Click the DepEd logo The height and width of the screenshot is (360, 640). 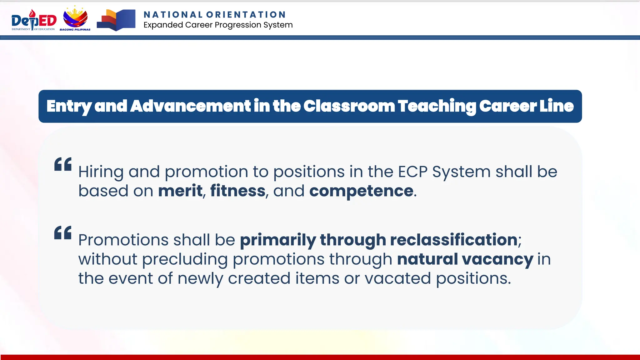(x=34, y=20)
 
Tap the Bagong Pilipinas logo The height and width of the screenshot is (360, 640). (x=75, y=19)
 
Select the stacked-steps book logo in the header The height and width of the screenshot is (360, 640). (x=116, y=20)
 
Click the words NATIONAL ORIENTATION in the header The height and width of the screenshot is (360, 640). (x=215, y=15)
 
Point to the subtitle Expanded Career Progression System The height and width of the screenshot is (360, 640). (x=218, y=25)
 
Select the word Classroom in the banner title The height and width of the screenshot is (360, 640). (x=349, y=106)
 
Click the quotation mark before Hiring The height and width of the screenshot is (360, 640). (x=63, y=164)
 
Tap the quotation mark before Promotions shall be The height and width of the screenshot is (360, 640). (x=63, y=232)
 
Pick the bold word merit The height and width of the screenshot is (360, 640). (x=180, y=191)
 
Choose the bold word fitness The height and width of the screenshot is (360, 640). (x=238, y=191)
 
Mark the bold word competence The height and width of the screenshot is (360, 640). (x=361, y=191)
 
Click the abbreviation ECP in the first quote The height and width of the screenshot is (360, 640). (x=412, y=172)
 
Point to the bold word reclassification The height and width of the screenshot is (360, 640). (x=454, y=240)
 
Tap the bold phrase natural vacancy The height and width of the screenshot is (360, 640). (x=465, y=259)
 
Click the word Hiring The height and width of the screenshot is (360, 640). (x=101, y=172)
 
